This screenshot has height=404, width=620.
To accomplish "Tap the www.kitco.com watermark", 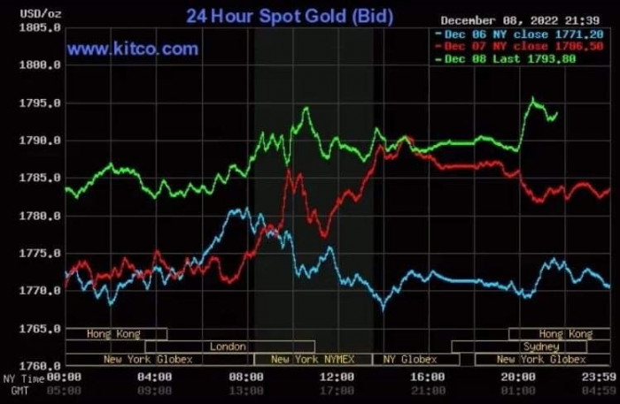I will [x=133, y=50].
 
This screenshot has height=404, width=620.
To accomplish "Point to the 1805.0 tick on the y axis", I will [x=41, y=28].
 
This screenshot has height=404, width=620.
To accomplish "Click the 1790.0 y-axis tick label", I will [x=41, y=141].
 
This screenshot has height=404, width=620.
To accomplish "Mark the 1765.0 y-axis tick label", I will [x=41, y=329].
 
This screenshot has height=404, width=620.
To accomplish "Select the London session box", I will [x=229, y=347].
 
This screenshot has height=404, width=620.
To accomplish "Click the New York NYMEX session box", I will [x=312, y=359].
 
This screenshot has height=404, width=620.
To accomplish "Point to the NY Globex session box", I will [x=409, y=359].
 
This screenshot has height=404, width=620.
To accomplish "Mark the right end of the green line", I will [x=555, y=113].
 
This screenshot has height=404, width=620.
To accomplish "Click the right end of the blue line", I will [x=609, y=286].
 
